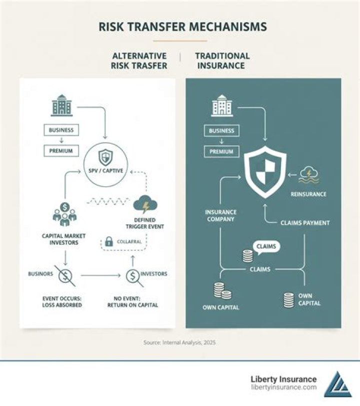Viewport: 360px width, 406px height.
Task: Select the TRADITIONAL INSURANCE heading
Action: [222, 61]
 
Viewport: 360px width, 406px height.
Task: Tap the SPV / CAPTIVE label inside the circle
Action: [106, 171]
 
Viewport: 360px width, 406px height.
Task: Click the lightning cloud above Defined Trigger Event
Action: [145, 204]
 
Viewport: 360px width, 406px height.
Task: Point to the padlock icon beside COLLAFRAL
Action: [109, 242]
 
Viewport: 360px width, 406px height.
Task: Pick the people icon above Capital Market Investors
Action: [64, 214]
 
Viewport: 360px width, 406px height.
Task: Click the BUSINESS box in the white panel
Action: [61, 130]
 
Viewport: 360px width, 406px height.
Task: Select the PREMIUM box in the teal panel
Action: [221, 152]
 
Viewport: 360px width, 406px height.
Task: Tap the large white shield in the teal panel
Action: [265, 172]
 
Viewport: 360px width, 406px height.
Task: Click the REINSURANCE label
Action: [308, 194]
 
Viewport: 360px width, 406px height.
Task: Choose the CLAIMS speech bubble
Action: [266, 247]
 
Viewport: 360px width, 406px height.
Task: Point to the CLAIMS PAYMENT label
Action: [305, 223]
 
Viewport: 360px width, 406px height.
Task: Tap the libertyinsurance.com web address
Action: [283, 387]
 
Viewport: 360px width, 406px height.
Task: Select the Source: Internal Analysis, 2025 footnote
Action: [179, 342]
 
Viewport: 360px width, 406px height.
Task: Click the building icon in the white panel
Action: [61, 105]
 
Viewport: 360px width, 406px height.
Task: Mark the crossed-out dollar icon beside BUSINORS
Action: [65, 276]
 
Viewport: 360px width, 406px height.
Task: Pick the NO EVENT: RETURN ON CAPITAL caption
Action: [132, 302]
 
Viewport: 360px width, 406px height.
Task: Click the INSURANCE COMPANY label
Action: [220, 216]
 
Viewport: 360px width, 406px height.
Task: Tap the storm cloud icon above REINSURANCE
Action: [308, 175]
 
